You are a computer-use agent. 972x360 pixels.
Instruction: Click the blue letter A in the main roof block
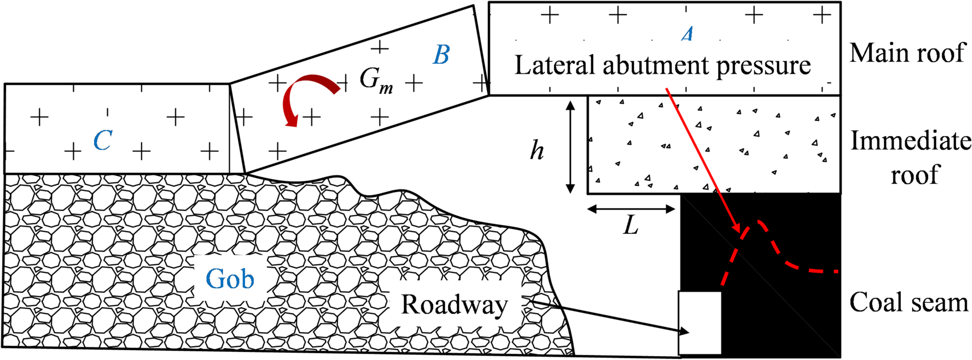pyautogui.click(x=687, y=34)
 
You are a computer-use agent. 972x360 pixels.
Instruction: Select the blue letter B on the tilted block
pyautogui.click(x=441, y=55)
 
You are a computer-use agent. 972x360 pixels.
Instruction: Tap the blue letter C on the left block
pyautogui.click(x=103, y=141)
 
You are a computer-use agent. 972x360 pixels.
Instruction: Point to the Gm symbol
pyautogui.click(x=376, y=80)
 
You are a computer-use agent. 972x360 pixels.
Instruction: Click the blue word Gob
pyautogui.click(x=230, y=279)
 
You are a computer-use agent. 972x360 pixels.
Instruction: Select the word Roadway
pyautogui.click(x=454, y=305)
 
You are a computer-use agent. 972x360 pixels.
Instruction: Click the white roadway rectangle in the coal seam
pyautogui.click(x=699, y=323)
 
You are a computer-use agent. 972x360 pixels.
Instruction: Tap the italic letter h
pyautogui.click(x=537, y=151)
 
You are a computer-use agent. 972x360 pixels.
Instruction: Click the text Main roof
pyautogui.click(x=908, y=53)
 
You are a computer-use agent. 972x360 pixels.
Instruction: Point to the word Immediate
pyautogui.click(x=911, y=141)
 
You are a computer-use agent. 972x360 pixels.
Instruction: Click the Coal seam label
pyautogui.click(x=909, y=303)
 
